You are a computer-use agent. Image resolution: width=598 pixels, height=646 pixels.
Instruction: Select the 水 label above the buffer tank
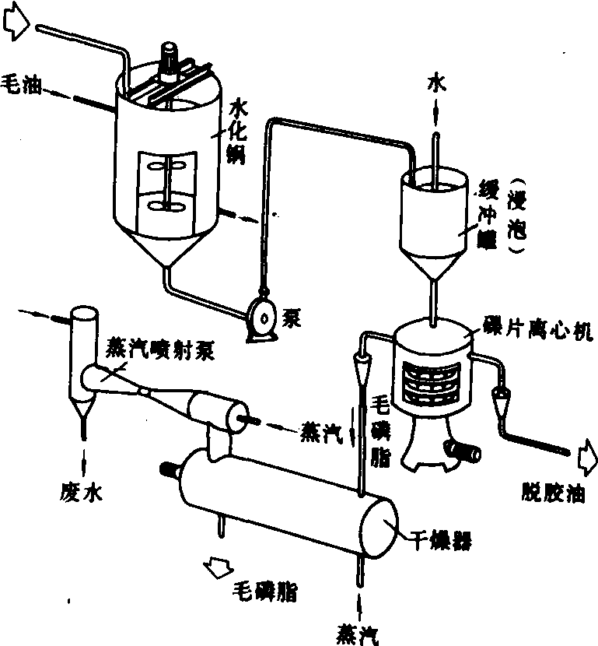435,87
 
